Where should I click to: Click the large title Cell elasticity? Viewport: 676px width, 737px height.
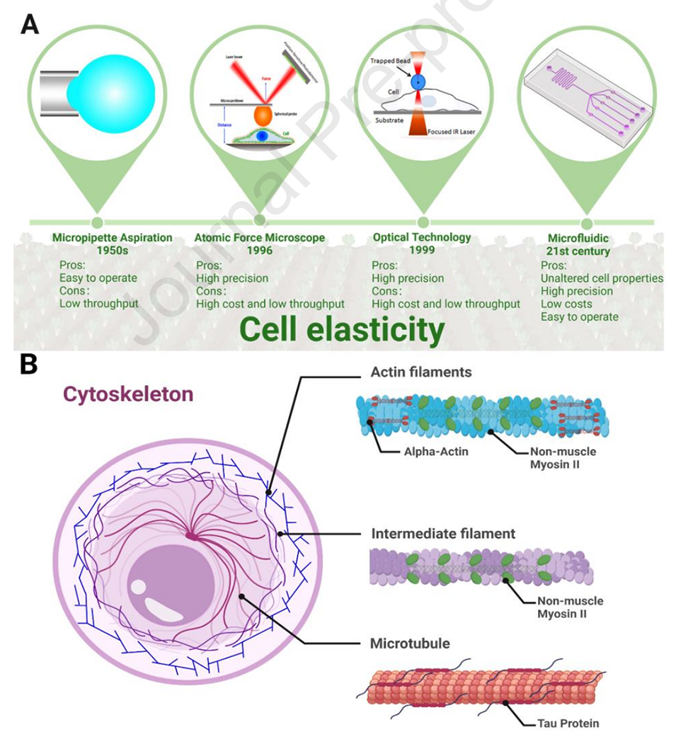point(341,330)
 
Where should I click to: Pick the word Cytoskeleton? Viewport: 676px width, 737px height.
point(127,394)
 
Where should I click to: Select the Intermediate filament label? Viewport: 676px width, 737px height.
point(442,533)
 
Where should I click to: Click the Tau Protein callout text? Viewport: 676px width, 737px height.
point(562,724)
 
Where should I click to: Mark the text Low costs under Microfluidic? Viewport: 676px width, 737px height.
point(566,304)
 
